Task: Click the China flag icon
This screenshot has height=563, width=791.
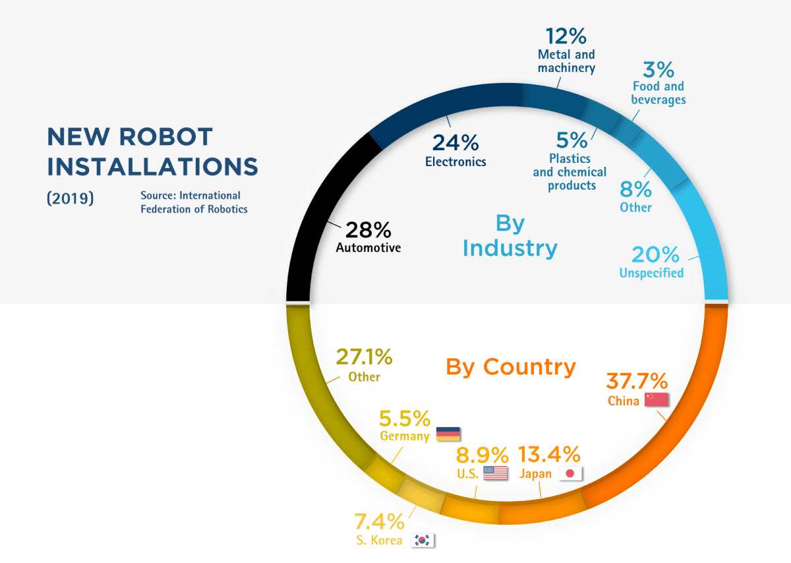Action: pos(657,400)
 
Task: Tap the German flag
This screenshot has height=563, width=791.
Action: pos(448,434)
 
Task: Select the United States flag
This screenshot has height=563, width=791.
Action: pos(496,473)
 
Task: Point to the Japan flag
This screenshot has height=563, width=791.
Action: pos(570,473)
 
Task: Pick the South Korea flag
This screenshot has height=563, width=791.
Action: pos(423,540)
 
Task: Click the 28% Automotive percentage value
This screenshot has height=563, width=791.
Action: pos(368,230)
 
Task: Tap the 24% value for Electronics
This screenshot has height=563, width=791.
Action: pos(455,142)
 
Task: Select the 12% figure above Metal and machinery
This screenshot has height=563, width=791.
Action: pos(566,36)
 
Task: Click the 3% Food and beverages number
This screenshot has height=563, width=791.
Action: pos(659,69)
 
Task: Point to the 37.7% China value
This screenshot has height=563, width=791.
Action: pos(637,381)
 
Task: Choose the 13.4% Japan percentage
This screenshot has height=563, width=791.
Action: pos(549,454)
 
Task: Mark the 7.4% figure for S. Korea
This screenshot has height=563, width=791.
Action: pos(379,521)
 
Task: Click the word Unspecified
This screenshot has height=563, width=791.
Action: pos(651,273)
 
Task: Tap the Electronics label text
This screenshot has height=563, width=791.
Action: pos(455,162)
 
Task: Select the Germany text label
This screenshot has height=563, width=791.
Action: pos(405,436)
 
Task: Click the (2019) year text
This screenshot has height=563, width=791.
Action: pos(71,198)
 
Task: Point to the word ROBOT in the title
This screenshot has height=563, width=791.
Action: pos(166,136)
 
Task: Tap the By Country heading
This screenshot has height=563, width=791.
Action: pos(511,367)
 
